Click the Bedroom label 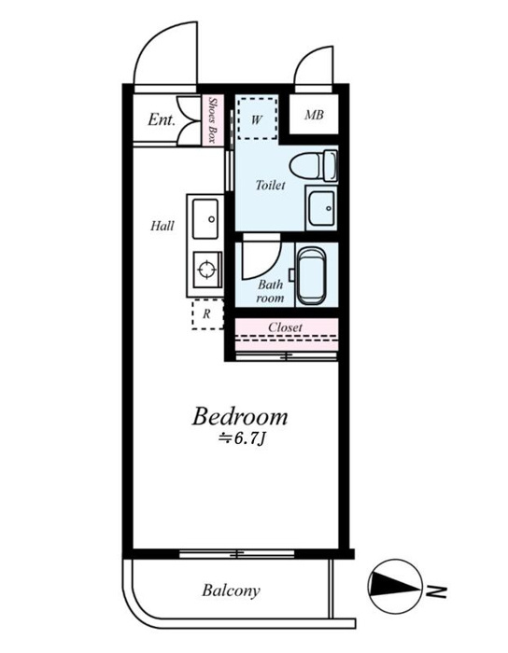240,416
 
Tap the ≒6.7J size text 242,439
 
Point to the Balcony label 232,590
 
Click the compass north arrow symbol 395,586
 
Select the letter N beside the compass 437,591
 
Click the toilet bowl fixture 314,166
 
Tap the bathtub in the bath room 310,276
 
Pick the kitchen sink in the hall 205,219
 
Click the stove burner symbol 207,269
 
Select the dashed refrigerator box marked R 207,314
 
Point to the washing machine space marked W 257,118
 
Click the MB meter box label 314,115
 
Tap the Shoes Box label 213,120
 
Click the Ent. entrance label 162,120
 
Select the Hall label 162,226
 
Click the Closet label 286,327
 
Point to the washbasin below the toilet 321,208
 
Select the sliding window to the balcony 236,554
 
